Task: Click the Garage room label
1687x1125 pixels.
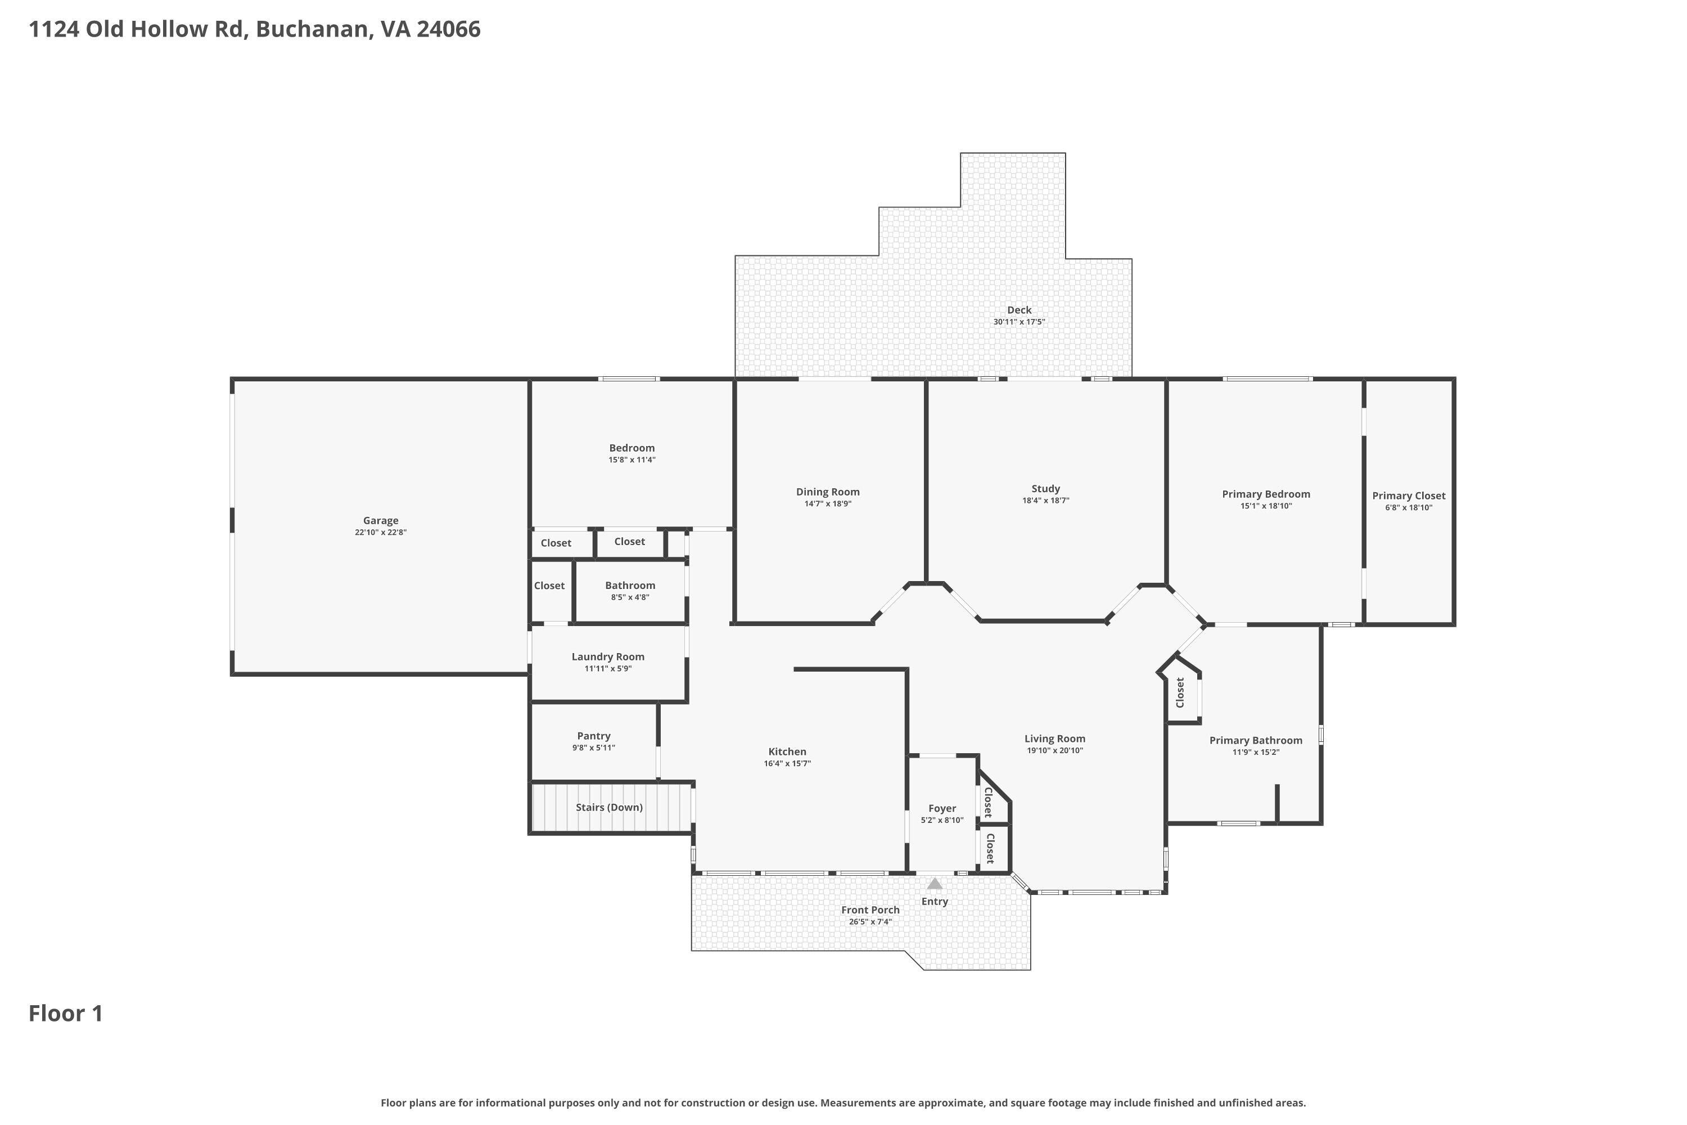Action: [x=380, y=521]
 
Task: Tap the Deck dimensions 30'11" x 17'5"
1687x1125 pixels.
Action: [x=1018, y=322]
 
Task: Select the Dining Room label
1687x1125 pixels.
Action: [x=828, y=492]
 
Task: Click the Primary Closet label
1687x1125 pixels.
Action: [x=1408, y=496]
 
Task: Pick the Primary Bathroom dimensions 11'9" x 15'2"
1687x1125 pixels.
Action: [x=1255, y=753]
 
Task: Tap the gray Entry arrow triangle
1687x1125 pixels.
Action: [x=935, y=884]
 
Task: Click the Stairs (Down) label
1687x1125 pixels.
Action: [x=609, y=807]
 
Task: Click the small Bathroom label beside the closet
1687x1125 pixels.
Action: [x=630, y=586]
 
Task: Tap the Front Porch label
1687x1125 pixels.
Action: [x=870, y=910]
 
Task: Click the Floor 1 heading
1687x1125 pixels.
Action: [x=66, y=1013]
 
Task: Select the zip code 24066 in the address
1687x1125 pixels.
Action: [x=448, y=29]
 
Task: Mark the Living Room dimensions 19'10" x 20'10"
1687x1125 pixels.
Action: [x=1054, y=750]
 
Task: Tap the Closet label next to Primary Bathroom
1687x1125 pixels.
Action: [x=1180, y=692]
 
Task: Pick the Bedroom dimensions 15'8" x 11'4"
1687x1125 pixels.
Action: [x=632, y=460]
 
